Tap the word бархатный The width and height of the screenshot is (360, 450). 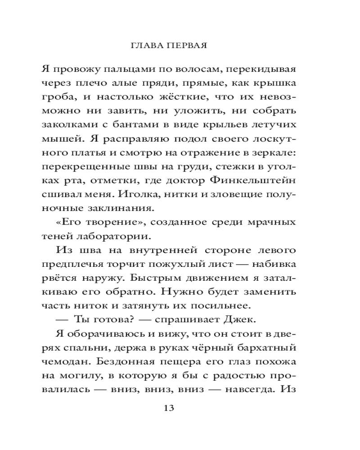pyautogui.click(x=267, y=349)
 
